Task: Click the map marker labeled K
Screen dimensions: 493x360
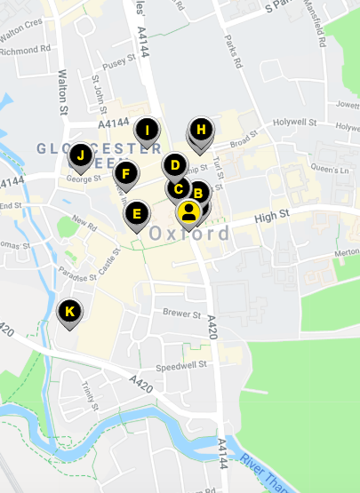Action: (x=69, y=312)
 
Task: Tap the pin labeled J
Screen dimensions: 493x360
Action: (x=81, y=156)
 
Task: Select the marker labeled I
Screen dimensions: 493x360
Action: (x=148, y=131)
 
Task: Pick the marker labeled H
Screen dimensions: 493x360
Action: (x=202, y=130)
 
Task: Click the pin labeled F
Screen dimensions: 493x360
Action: (x=126, y=173)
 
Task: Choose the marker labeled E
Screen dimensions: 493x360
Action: (x=136, y=213)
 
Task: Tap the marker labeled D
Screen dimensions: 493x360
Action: (x=175, y=165)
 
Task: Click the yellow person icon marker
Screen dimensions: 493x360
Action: (x=188, y=211)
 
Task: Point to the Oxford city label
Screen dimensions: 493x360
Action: (x=190, y=235)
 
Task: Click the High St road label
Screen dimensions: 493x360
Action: (x=272, y=215)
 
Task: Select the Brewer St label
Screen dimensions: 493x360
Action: (x=183, y=313)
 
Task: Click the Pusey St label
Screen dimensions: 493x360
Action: (x=119, y=64)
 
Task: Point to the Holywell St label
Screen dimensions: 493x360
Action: (x=294, y=122)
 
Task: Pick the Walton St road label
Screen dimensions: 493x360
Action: (x=62, y=92)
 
